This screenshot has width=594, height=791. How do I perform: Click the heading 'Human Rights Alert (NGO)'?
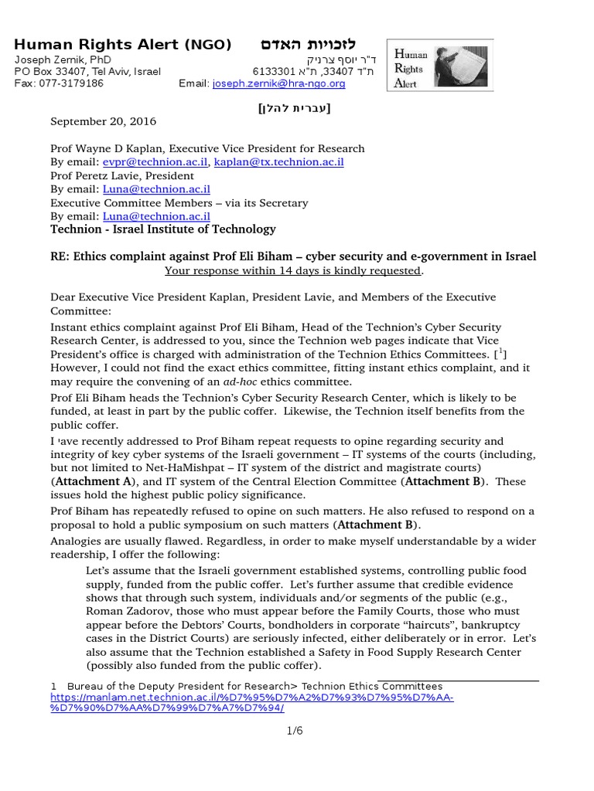click(123, 45)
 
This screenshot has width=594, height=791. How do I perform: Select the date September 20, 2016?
click(103, 121)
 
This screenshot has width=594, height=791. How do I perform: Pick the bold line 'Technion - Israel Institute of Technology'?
click(162, 229)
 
